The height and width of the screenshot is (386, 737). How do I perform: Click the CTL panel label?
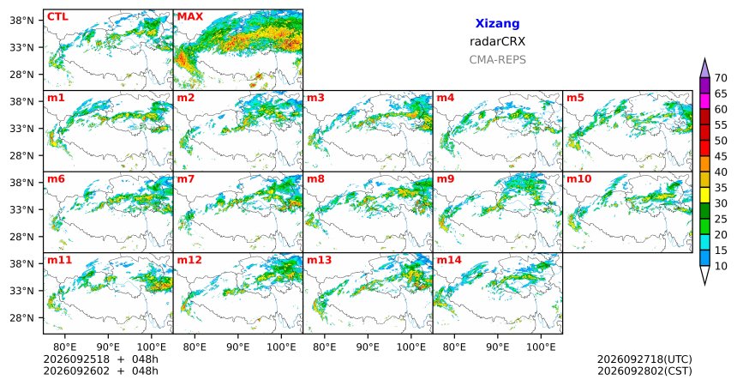(x=57, y=17)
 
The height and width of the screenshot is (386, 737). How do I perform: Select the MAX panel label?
(x=190, y=17)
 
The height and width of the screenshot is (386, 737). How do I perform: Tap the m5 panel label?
(x=575, y=98)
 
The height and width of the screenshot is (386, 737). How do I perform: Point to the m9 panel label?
(x=446, y=179)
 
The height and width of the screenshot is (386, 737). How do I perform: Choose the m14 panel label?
(x=449, y=260)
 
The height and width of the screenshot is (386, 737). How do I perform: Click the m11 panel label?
(x=59, y=260)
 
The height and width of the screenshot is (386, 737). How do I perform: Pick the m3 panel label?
(x=316, y=98)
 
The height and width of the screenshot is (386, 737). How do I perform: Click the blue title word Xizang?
(x=497, y=23)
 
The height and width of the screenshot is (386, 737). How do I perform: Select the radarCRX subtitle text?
(x=497, y=41)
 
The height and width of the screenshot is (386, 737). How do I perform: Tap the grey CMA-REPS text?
(x=497, y=60)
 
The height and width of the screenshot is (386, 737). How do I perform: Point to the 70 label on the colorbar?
(x=721, y=78)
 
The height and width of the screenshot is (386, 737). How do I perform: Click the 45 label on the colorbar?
(x=721, y=156)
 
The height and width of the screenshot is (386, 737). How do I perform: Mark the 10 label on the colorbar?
(x=721, y=266)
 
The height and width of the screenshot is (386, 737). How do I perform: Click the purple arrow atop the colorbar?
(x=704, y=69)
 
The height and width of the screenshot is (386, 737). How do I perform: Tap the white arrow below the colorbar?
(x=704, y=274)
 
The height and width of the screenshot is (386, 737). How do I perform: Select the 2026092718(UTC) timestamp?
(x=644, y=359)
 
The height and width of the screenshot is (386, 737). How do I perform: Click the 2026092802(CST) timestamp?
(x=644, y=371)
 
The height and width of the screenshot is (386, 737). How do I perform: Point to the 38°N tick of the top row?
(x=22, y=21)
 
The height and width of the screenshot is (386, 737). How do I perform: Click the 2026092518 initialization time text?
(x=76, y=359)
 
